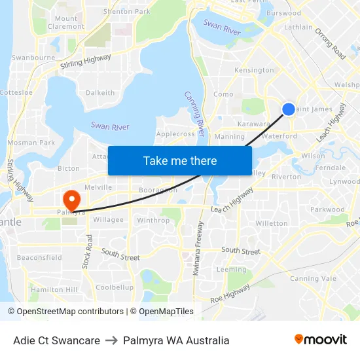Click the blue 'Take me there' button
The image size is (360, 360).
pyautogui.click(x=180, y=161)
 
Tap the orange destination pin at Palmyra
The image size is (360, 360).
pyautogui.click(x=70, y=198)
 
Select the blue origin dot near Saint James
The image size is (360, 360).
pyautogui.click(x=288, y=109)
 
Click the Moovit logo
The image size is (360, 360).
pyautogui.click(x=321, y=340)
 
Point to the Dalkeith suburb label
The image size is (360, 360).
pyautogui.click(x=100, y=93)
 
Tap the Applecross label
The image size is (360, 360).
pyautogui.click(x=175, y=134)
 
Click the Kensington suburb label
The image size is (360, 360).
pyautogui.click(x=254, y=70)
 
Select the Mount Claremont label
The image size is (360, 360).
pyautogui.click(x=66, y=23)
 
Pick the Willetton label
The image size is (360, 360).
pyautogui.click(x=271, y=223)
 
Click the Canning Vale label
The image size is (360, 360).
pyautogui.click(x=312, y=279)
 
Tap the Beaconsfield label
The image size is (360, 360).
pyautogui.click(x=39, y=257)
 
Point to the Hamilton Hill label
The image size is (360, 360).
pyautogui.click(x=54, y=289)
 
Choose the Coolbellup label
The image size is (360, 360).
pyautogui.click(x=115, y=287)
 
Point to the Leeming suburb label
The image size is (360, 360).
pyautogui.click(x=232, y=269)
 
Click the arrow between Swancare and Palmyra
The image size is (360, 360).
pyautogui.click(x=111, y=340)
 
